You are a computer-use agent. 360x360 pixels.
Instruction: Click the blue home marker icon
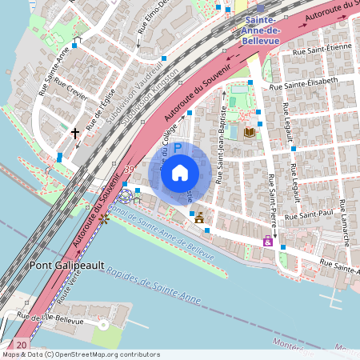click(180, 172)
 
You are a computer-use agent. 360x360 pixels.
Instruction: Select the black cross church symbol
click(75, 134)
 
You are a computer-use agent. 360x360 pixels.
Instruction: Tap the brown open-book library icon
click(249, 132)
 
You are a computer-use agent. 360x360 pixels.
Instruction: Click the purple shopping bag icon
click(267, 240)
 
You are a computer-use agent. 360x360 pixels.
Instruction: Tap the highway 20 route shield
click(21, 345)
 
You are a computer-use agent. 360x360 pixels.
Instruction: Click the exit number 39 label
click(129, 170)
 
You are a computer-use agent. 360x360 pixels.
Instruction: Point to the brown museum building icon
click(198, 217)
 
